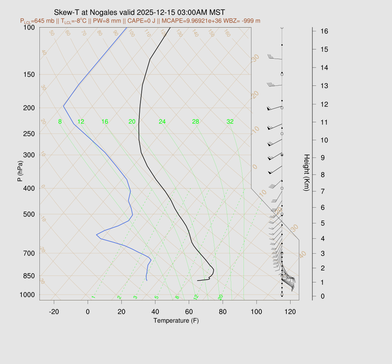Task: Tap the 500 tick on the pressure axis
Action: (x=29, y=214)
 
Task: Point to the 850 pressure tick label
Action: (x=29, y=276)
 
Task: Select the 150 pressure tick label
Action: (x=29, y=74)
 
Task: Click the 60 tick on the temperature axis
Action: (x=189, y=312)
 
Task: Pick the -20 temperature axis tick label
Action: (x=54, y=312)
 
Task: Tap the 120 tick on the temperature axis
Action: (x=290, y=312)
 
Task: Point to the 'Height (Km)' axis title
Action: (x=306, y=173)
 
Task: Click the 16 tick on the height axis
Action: (x=319, y=31)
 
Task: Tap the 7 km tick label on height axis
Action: (x=318, y=191)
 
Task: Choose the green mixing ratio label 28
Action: (x=196, y=122)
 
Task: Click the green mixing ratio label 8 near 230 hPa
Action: (x=60, y=122)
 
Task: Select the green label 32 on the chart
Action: (x=230, y=122)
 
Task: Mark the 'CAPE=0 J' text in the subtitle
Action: (x=144, y=20)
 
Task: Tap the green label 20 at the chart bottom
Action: (x=220, y=297)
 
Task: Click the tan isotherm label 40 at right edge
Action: (x=303, y=254)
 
